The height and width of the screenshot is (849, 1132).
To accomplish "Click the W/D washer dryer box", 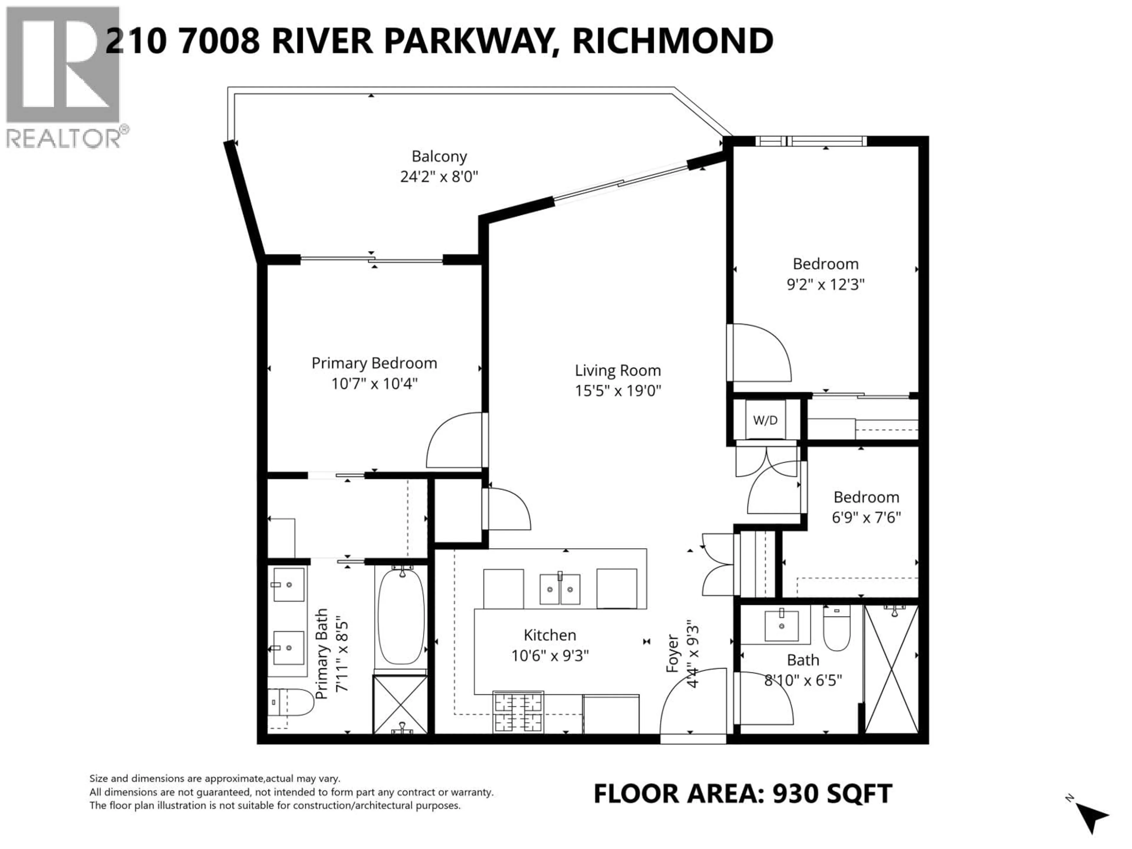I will (765, 420).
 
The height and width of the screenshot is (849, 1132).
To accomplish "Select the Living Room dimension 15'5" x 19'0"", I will (618, 391).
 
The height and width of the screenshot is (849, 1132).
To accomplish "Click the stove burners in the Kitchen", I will (518, 712).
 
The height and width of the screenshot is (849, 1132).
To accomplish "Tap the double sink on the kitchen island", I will (560, 589).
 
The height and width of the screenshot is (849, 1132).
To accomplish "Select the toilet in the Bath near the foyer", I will (837, 628).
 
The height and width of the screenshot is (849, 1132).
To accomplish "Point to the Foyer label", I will (672, 654).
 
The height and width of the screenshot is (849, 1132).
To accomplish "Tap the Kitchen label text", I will (549, 635).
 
